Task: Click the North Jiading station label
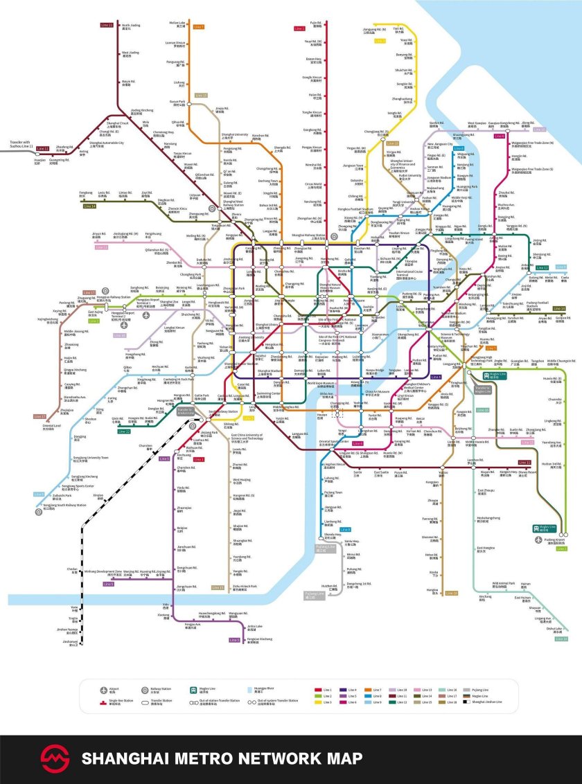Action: coord(126,26)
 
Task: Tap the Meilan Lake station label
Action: coord(177,24)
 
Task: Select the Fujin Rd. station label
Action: coord(316,24)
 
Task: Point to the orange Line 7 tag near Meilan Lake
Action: coord(199,27)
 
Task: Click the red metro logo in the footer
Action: coord(55,759)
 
